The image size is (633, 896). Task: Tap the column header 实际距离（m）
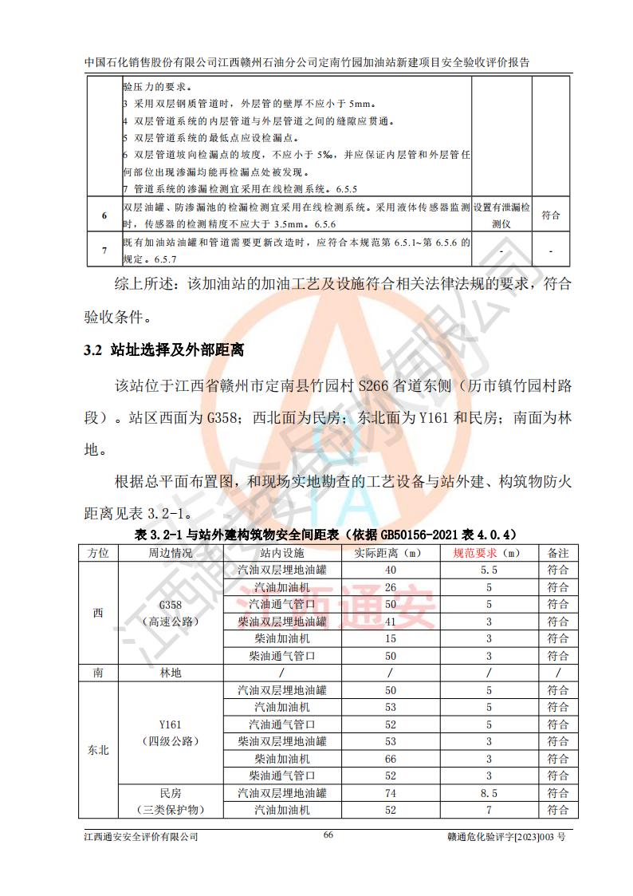tap(390, 552)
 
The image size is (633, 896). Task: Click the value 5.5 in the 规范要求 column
tap(489, 570)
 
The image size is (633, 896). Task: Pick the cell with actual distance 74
tap(390, 793)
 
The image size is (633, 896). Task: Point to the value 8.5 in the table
tap(489, 793)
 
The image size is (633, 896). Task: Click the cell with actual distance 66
tap(390, 759)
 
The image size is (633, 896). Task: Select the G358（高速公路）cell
tap(170, 613)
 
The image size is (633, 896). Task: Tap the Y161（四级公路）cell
tap(170, 732)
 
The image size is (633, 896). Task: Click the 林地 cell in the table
tap(170, 673)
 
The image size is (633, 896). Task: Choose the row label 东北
tap(98, 750)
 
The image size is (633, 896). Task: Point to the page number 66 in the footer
tap(328, 835)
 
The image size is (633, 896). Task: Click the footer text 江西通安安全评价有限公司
tap(141, 837)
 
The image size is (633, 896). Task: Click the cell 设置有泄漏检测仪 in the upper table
tap(501, 215)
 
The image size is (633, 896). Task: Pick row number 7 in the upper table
tap(104, 251)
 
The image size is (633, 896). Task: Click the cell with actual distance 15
tap(390, 638)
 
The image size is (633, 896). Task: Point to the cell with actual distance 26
tap(390, 587)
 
